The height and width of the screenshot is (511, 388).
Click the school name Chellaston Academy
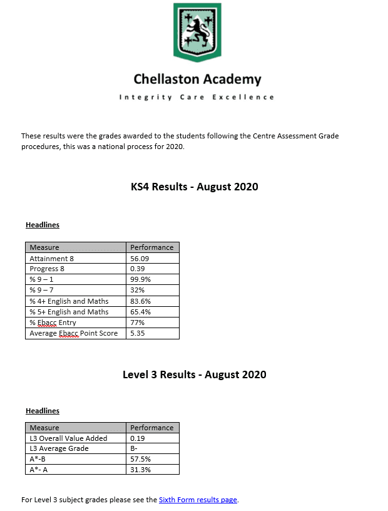197,80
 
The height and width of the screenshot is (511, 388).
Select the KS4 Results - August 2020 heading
194,187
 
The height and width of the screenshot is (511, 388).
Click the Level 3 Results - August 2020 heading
194,374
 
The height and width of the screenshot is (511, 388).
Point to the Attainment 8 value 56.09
140,258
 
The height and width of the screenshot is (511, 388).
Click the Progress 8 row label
47,269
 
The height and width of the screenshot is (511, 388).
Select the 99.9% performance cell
140,279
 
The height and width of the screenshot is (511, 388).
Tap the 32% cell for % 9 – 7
137,291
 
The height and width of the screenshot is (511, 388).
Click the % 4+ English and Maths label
69,301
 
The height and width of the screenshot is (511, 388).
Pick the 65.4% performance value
140,312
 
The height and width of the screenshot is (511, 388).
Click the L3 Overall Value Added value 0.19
138,438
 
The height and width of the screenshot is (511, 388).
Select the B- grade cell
135,448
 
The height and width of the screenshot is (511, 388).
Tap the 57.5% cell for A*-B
140,459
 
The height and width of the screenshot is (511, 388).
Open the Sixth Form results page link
198,500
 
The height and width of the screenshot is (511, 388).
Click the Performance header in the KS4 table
152,247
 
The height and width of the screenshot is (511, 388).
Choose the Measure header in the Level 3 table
44,428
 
